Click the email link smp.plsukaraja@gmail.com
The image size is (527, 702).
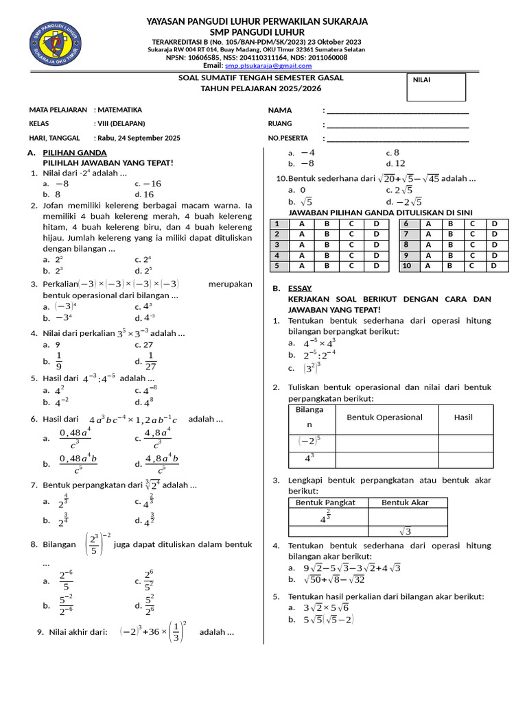point(272,66)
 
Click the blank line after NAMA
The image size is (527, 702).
point(397,110)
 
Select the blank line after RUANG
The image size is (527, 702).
point(397,124)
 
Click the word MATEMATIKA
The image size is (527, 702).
point(120,110)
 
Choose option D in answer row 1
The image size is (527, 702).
point(375,224)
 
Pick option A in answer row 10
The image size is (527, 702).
point(429,265)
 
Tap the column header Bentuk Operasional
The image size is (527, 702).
point(384,417)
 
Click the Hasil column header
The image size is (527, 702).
point(463,417)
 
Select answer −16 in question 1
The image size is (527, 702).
point(151,184)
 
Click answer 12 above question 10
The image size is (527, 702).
point(400,163)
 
